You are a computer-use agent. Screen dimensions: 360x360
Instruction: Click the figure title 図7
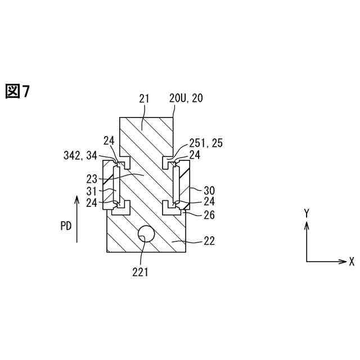coord(17,91)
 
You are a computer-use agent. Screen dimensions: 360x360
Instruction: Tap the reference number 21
coord(144,98)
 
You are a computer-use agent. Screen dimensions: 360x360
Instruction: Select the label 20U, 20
coord(186,98)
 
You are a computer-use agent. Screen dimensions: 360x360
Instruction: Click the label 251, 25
coord(206,143)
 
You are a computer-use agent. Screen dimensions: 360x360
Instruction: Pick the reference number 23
coord(92,180)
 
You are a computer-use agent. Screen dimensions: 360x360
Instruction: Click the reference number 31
coord(92,191)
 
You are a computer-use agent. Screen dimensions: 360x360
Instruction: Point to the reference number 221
coord(140,273)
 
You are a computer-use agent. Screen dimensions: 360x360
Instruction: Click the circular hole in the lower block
coord(147,234)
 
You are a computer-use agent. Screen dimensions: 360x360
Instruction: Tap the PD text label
coord(66,226)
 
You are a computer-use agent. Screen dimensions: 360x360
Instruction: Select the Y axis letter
coord(307,213)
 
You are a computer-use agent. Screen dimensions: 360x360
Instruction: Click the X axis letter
coord(352,262)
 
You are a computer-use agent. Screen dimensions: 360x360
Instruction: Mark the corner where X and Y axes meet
coord(307,262)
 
